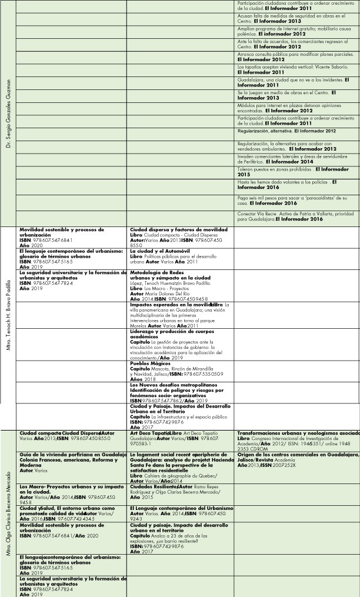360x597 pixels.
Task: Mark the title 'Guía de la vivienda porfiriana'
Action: click(65, 455)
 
